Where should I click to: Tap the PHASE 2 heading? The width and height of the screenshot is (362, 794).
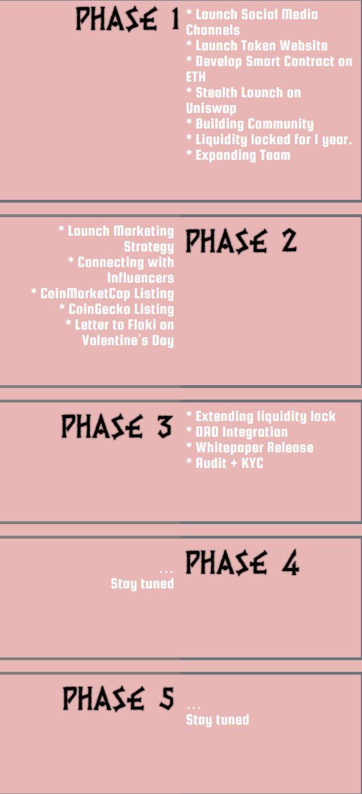pyautogui.click(x=241, y=242)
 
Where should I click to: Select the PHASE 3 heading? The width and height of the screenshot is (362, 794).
pyautogui.click(x=117, y=426)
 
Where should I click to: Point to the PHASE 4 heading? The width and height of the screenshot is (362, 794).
pyautogui.click(x=243, y=562)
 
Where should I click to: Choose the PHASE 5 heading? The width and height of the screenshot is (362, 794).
pyautogui.click(x=119, y=698)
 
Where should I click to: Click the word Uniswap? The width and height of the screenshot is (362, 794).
pyautogui.click(x=211, y=108)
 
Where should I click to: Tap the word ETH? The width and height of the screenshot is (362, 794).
pyautogui.click(x=195, y=76)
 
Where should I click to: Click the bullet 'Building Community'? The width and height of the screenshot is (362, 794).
pyautogui.click(x=250, y=124)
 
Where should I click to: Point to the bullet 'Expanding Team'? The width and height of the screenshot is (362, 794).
pyautogui.click(x=238, y=155)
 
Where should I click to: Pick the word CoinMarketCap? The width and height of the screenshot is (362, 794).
pyautogui.click(x=85, y=294)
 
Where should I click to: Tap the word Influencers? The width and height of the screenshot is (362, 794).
pyautogui.click(x=141, y=277)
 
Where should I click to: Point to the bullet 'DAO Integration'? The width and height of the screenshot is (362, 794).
pyautogui.click(x=237, y=431)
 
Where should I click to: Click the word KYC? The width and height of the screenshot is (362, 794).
pyautogui.click(x=252, y=463)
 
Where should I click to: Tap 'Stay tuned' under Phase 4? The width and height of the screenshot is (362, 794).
pyautogui.click(x=142, y=583)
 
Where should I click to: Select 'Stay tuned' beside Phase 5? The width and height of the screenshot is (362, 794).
pyautogui.click(x=217, y=719)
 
